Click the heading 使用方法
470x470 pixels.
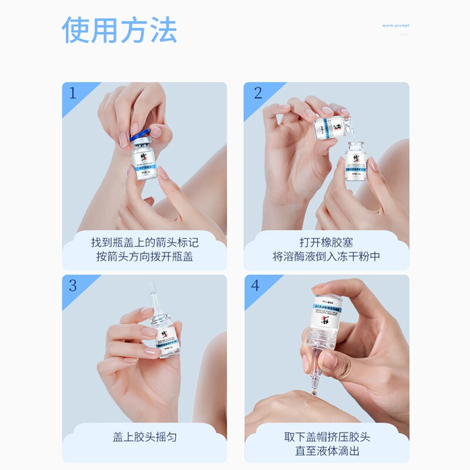119,30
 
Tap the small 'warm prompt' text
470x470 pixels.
395,26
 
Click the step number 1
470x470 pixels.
73,93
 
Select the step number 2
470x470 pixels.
257,93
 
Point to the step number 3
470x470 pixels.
73,286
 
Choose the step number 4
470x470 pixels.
256,286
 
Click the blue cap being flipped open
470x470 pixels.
140,135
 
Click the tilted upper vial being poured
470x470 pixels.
331,127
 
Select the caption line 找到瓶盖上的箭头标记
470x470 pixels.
145,242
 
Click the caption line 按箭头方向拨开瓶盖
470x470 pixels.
145,257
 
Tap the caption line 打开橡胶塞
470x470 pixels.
326,242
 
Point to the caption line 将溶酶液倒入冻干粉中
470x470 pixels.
326,257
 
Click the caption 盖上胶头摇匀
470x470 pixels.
145,437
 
